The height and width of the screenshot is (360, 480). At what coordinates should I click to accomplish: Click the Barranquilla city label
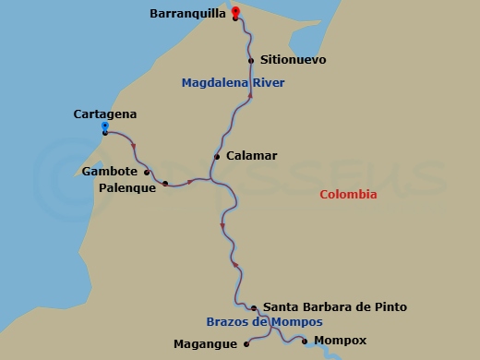tap(186, 14)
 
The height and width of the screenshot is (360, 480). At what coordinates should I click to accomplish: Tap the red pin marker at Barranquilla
tap(235, 12)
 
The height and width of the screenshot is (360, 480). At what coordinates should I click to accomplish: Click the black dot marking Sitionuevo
tap(251, 61)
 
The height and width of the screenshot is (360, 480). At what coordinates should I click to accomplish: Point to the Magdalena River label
tap(233, 83)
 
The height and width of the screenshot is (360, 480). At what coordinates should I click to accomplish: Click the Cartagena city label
tap(104, 114)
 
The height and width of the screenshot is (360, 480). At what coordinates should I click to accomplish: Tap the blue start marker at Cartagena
tap(105, 126)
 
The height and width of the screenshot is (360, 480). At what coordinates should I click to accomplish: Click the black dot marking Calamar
tap(217, 157)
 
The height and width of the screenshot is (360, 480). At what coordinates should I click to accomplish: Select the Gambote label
tap(110, 172)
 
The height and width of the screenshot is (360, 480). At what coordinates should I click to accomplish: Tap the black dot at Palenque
tap(165, 185)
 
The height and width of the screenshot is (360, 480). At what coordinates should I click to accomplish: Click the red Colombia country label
tap(348, 195)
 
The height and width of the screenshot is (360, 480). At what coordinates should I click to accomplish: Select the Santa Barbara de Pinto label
tap(334, 306)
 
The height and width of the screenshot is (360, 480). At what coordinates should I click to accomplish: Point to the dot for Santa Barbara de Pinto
tap(254, 307)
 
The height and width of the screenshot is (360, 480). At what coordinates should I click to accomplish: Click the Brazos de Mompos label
tap(264, 322)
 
